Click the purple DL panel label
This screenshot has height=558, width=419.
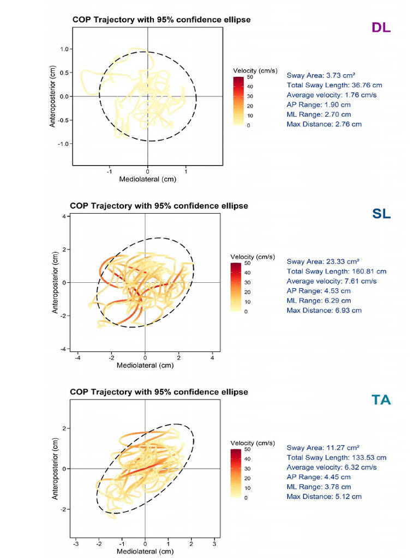pyautogui.click(x=381, y=28)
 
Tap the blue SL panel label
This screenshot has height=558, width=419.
pyautogui.click(x=381, y=214)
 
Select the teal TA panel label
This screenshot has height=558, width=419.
pyautogui.click(x=381, y=400)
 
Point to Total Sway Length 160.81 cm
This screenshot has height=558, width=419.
pyautogui.click(x=336, y=271)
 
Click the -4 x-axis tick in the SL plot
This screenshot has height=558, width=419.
pyautogui.click(x=78, y=358)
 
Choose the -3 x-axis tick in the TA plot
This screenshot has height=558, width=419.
pyautogui.click(x=76, y=544)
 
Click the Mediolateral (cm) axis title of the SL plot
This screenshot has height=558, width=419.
pyautogui.click(x=145, y=366)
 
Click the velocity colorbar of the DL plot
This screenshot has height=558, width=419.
pyautogui.click(x=238, y=101)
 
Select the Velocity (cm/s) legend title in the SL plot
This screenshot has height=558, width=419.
pyautogui.click(x=254, y=257)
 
